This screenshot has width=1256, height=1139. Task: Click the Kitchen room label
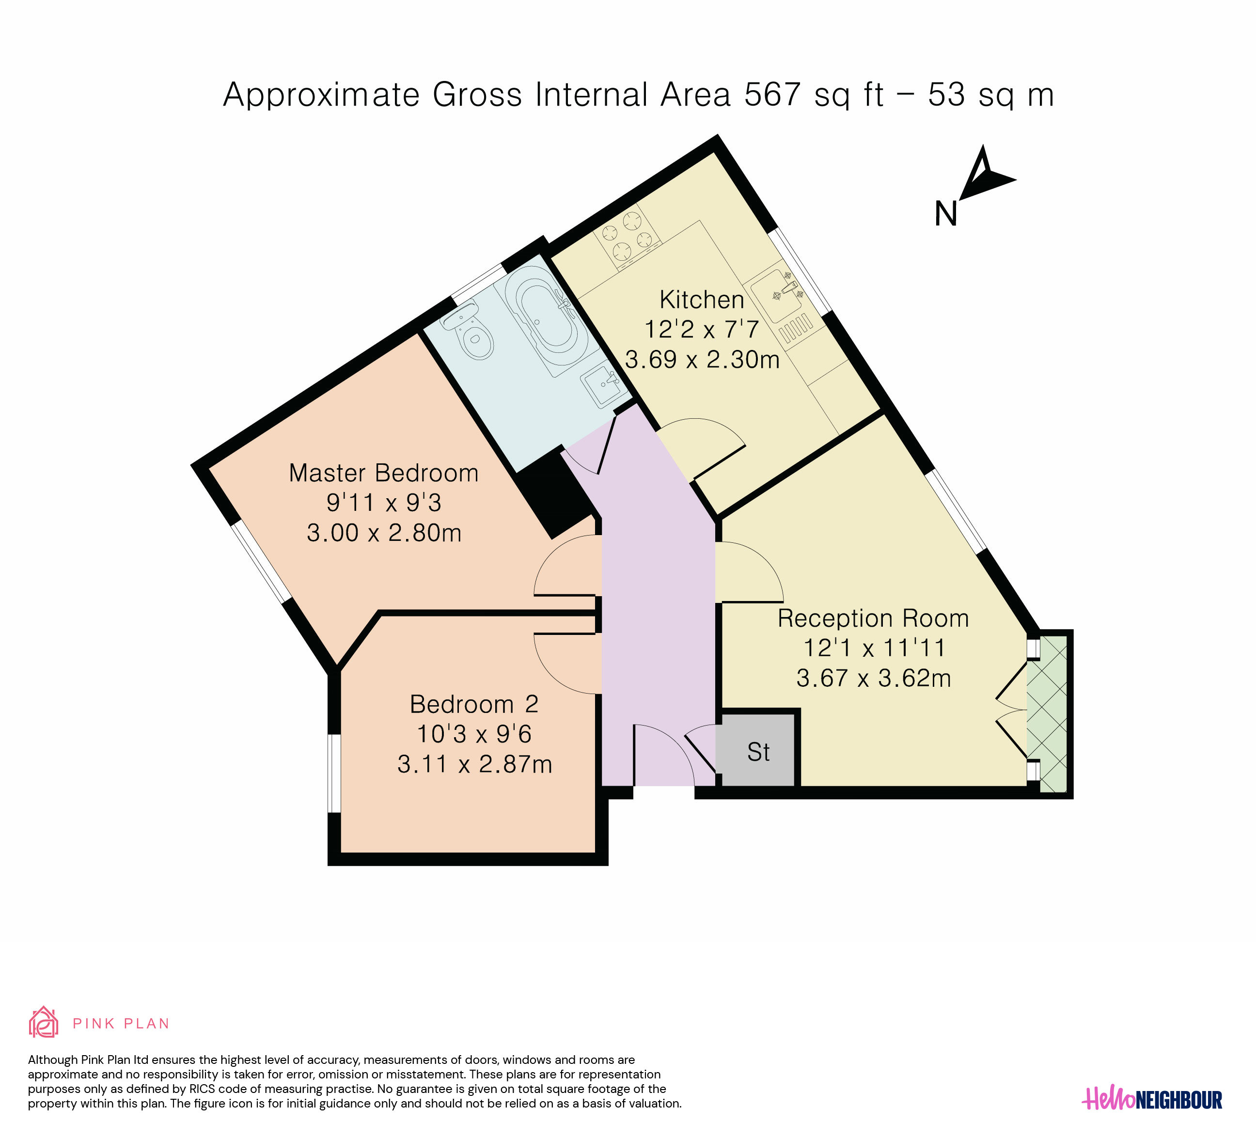(x=702, y=300)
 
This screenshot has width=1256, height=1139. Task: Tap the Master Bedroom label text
(x=384, y=473)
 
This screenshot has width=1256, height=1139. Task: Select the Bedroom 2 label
(x=474, y=704)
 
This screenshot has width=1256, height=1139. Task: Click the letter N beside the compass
(x=946, y=214)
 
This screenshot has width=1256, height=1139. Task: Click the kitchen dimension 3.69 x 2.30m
(x=702, y=360)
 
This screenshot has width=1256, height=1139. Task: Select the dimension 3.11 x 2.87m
(x=475, y=764)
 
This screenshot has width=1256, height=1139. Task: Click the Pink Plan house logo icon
(x=44, y=1022)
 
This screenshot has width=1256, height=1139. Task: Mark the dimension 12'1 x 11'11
(x=874, y=648)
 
